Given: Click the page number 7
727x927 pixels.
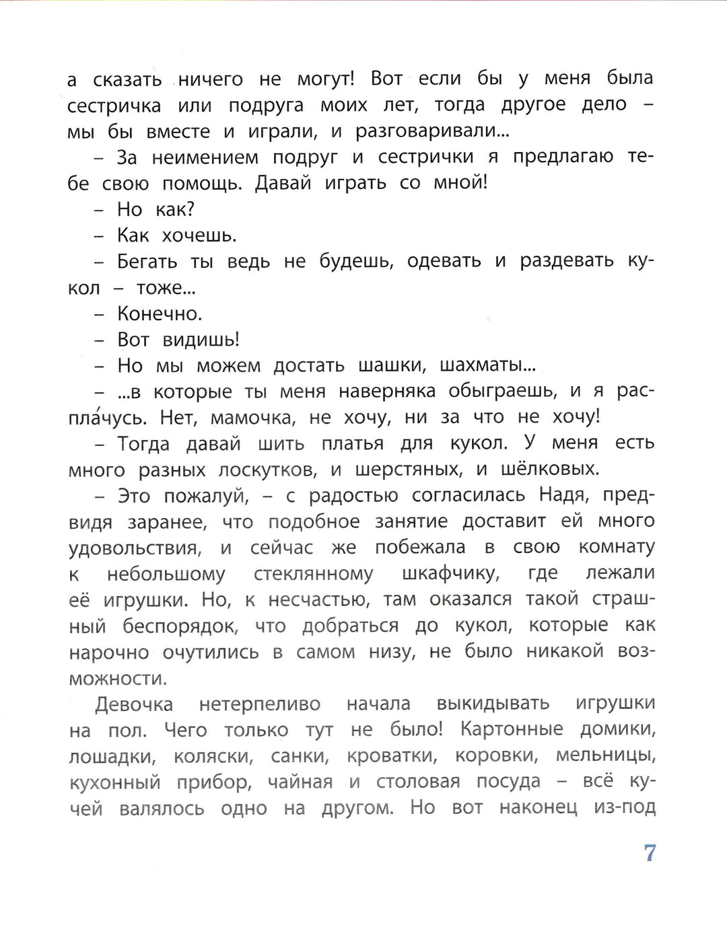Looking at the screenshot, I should (x=650, y=853).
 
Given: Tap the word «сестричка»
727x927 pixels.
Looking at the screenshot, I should (x=114, y=106).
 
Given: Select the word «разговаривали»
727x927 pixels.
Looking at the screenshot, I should (x=431, y=131).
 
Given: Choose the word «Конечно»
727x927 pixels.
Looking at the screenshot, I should (x=159, y=313).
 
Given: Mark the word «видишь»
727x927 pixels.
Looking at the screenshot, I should (x=201, y=340).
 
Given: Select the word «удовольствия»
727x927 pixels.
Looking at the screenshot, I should (x=135, y=548).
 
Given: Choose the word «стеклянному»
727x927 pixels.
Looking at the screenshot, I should (x=313, y=574).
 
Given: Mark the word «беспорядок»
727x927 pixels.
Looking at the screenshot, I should (x=180, y=626).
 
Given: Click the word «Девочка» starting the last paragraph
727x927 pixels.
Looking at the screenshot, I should (x=134, y=704).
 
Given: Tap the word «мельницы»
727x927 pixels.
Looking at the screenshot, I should (x=605, y=756).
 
